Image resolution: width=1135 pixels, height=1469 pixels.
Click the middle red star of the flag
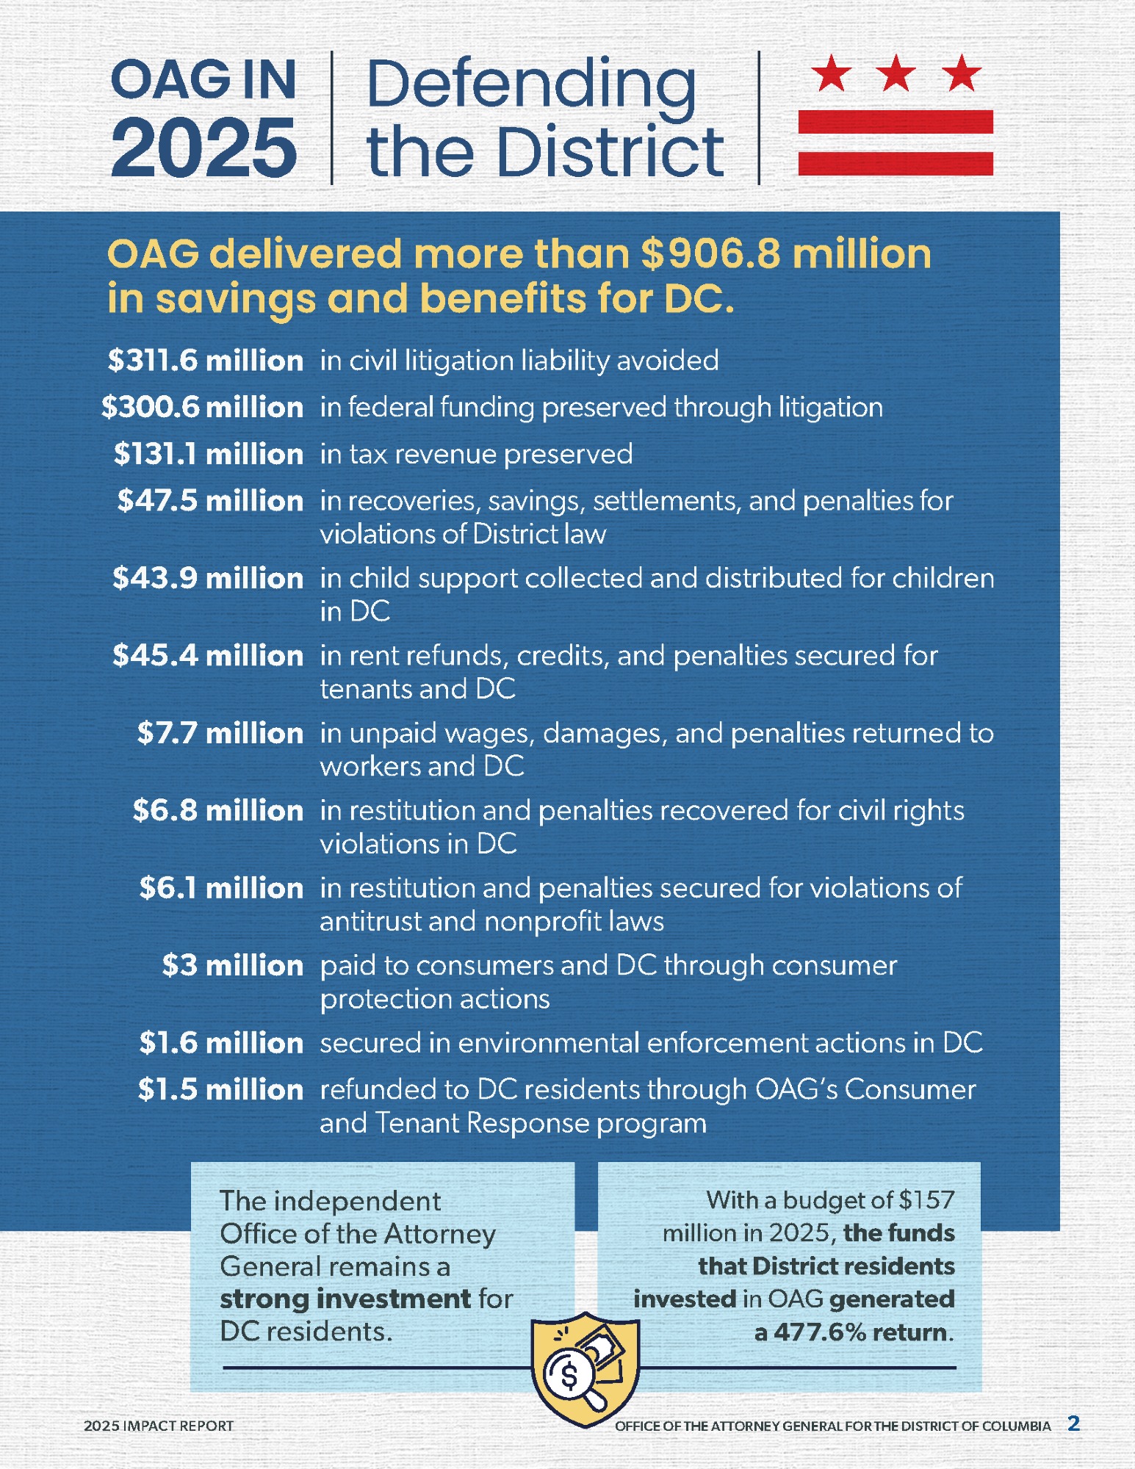(896, 73)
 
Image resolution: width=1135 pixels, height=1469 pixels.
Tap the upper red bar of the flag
(896, 121)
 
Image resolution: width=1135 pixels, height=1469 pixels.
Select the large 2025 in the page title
(204, 148)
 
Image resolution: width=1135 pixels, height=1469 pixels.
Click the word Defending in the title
(530, 84)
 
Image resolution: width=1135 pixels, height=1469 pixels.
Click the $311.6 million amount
(205, 361)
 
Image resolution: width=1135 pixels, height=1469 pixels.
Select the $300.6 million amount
(202, 407)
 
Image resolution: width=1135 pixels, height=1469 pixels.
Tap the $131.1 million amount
(208, 454)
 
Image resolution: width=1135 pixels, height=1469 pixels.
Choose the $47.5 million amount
(210, 501)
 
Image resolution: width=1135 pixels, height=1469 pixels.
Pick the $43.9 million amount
(208, 578)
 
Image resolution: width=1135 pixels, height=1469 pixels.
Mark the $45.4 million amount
(208, 655)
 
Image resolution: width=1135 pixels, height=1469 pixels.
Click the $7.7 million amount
(220, 733)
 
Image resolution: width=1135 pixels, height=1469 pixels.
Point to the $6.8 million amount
(217, 810)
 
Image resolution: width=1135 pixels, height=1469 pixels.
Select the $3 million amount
(232, 965)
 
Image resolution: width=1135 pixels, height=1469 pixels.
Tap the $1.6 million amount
(221, 1043)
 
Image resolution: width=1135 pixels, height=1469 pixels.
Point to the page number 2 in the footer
(1073, 1424)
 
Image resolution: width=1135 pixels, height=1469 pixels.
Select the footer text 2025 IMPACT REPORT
(159, 1426)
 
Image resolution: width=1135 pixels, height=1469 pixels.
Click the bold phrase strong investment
(345, 1299)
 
